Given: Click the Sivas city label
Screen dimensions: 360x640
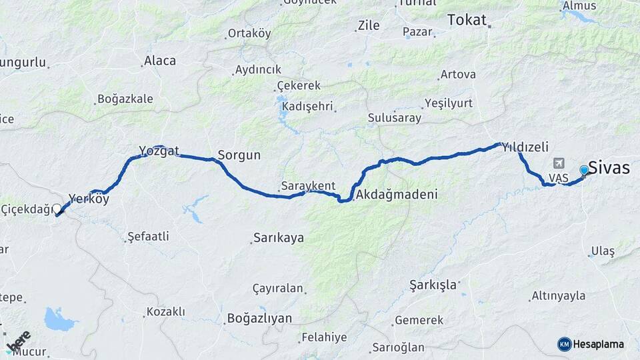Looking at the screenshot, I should coord(609,168).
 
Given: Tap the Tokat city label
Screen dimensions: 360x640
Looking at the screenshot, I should coord(467,20).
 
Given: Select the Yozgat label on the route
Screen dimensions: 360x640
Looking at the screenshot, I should coord(159,151).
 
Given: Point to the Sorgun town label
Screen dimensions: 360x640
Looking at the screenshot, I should coord(239,155).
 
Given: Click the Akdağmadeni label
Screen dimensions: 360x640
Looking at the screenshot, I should coord(397,195).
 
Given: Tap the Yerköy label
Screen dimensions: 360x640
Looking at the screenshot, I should coord(89,199).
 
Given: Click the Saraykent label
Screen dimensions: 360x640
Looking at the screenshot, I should coord(308,186).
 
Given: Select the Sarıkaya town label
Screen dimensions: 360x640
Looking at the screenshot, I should coord(279,238).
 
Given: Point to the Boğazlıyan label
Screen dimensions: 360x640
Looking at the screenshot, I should coord(259,319).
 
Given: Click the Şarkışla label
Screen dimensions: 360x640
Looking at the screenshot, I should coord(433,285).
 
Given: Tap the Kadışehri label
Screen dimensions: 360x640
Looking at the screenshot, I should coord(307,107).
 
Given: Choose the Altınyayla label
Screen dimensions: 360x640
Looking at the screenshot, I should coord(559,296).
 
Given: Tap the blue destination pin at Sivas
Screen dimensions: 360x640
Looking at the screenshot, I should coord(585,171).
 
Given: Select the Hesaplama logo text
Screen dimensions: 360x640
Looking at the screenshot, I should coord(598,345).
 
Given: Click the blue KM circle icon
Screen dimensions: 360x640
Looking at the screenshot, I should coord(565,345).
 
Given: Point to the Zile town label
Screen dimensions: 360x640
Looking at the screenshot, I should coord(369,26).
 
